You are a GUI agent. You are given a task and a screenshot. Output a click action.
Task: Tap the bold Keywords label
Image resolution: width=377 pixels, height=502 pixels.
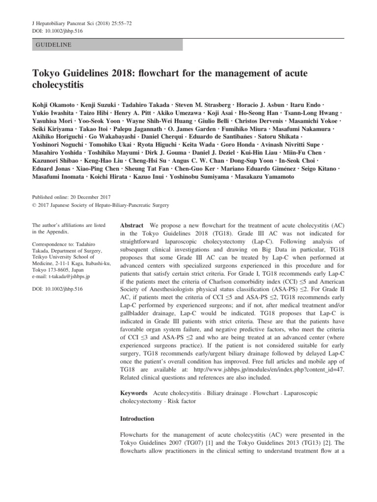(x=134, y=393)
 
